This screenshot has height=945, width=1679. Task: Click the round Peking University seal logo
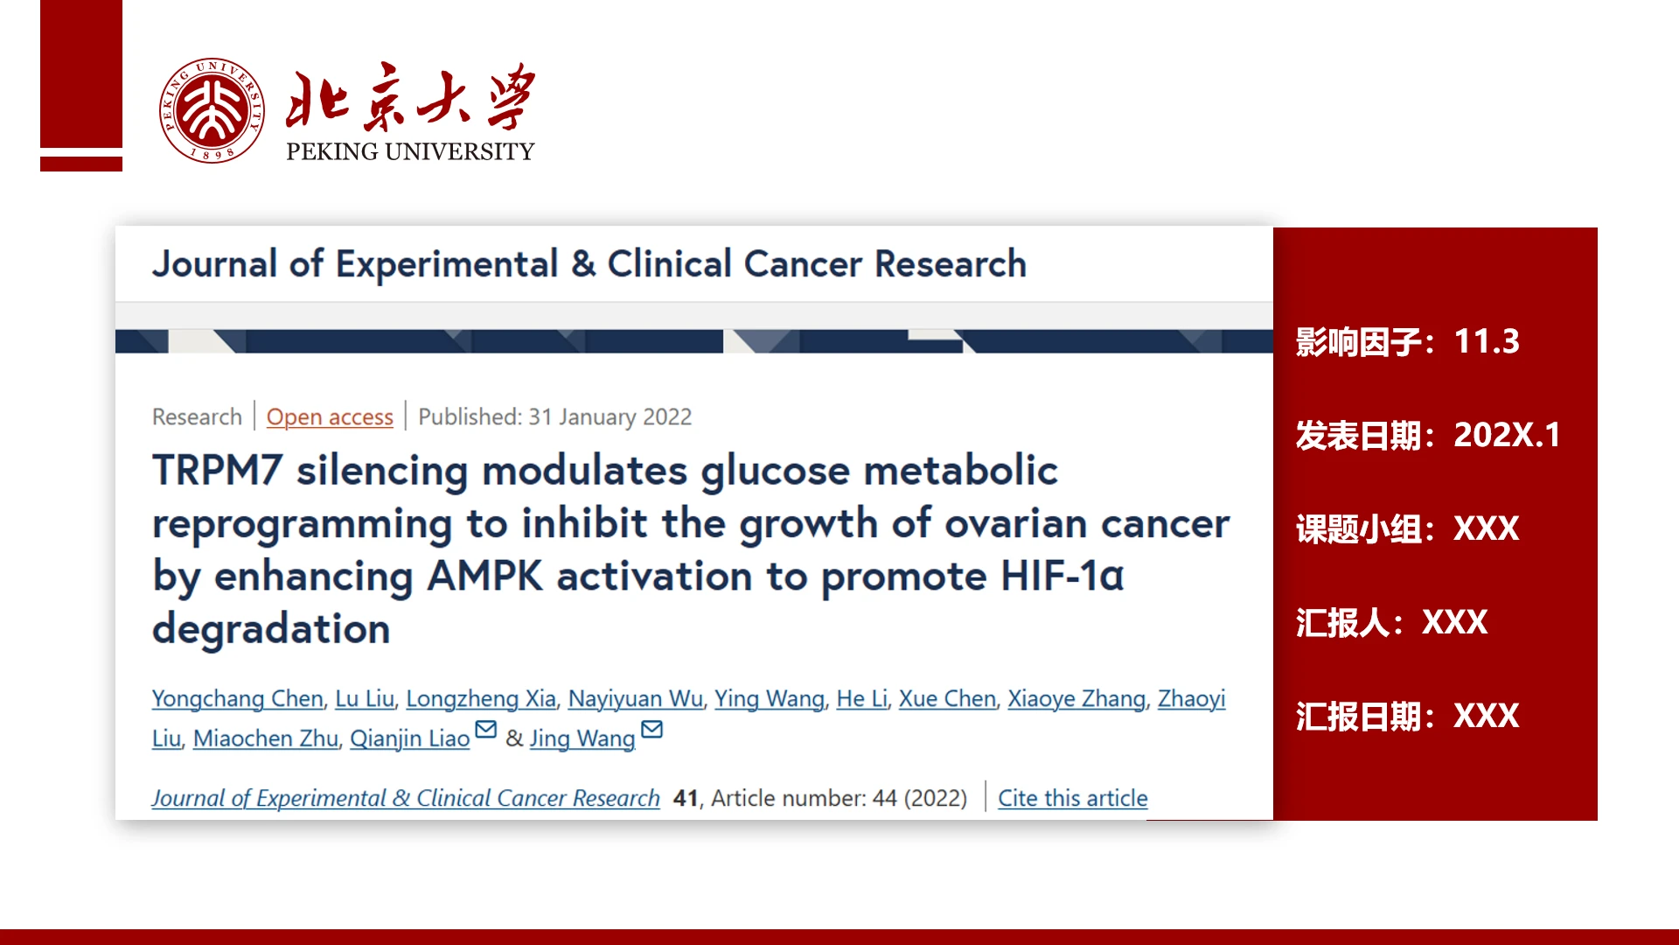212,111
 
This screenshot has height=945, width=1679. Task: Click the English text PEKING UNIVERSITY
410,151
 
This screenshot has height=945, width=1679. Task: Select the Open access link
330,417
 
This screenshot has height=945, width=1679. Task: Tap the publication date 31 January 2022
610,417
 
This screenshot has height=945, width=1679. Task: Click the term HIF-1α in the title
1062,576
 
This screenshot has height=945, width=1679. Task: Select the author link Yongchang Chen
238,698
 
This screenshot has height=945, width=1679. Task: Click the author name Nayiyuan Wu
636,698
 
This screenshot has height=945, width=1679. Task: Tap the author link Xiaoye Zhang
1076,698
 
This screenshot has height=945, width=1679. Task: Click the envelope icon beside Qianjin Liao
485,729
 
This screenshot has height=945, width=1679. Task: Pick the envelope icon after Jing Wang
651,729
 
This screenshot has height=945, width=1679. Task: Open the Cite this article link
1073,798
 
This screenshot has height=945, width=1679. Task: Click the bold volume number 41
686,798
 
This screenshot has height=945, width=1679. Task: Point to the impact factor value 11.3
1487,341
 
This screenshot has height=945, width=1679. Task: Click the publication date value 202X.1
1507,435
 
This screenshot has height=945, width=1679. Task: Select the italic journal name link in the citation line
406,798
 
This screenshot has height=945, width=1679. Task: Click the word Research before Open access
197,417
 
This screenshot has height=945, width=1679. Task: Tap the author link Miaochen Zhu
266,738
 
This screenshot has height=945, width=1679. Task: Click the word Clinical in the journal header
670,264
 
